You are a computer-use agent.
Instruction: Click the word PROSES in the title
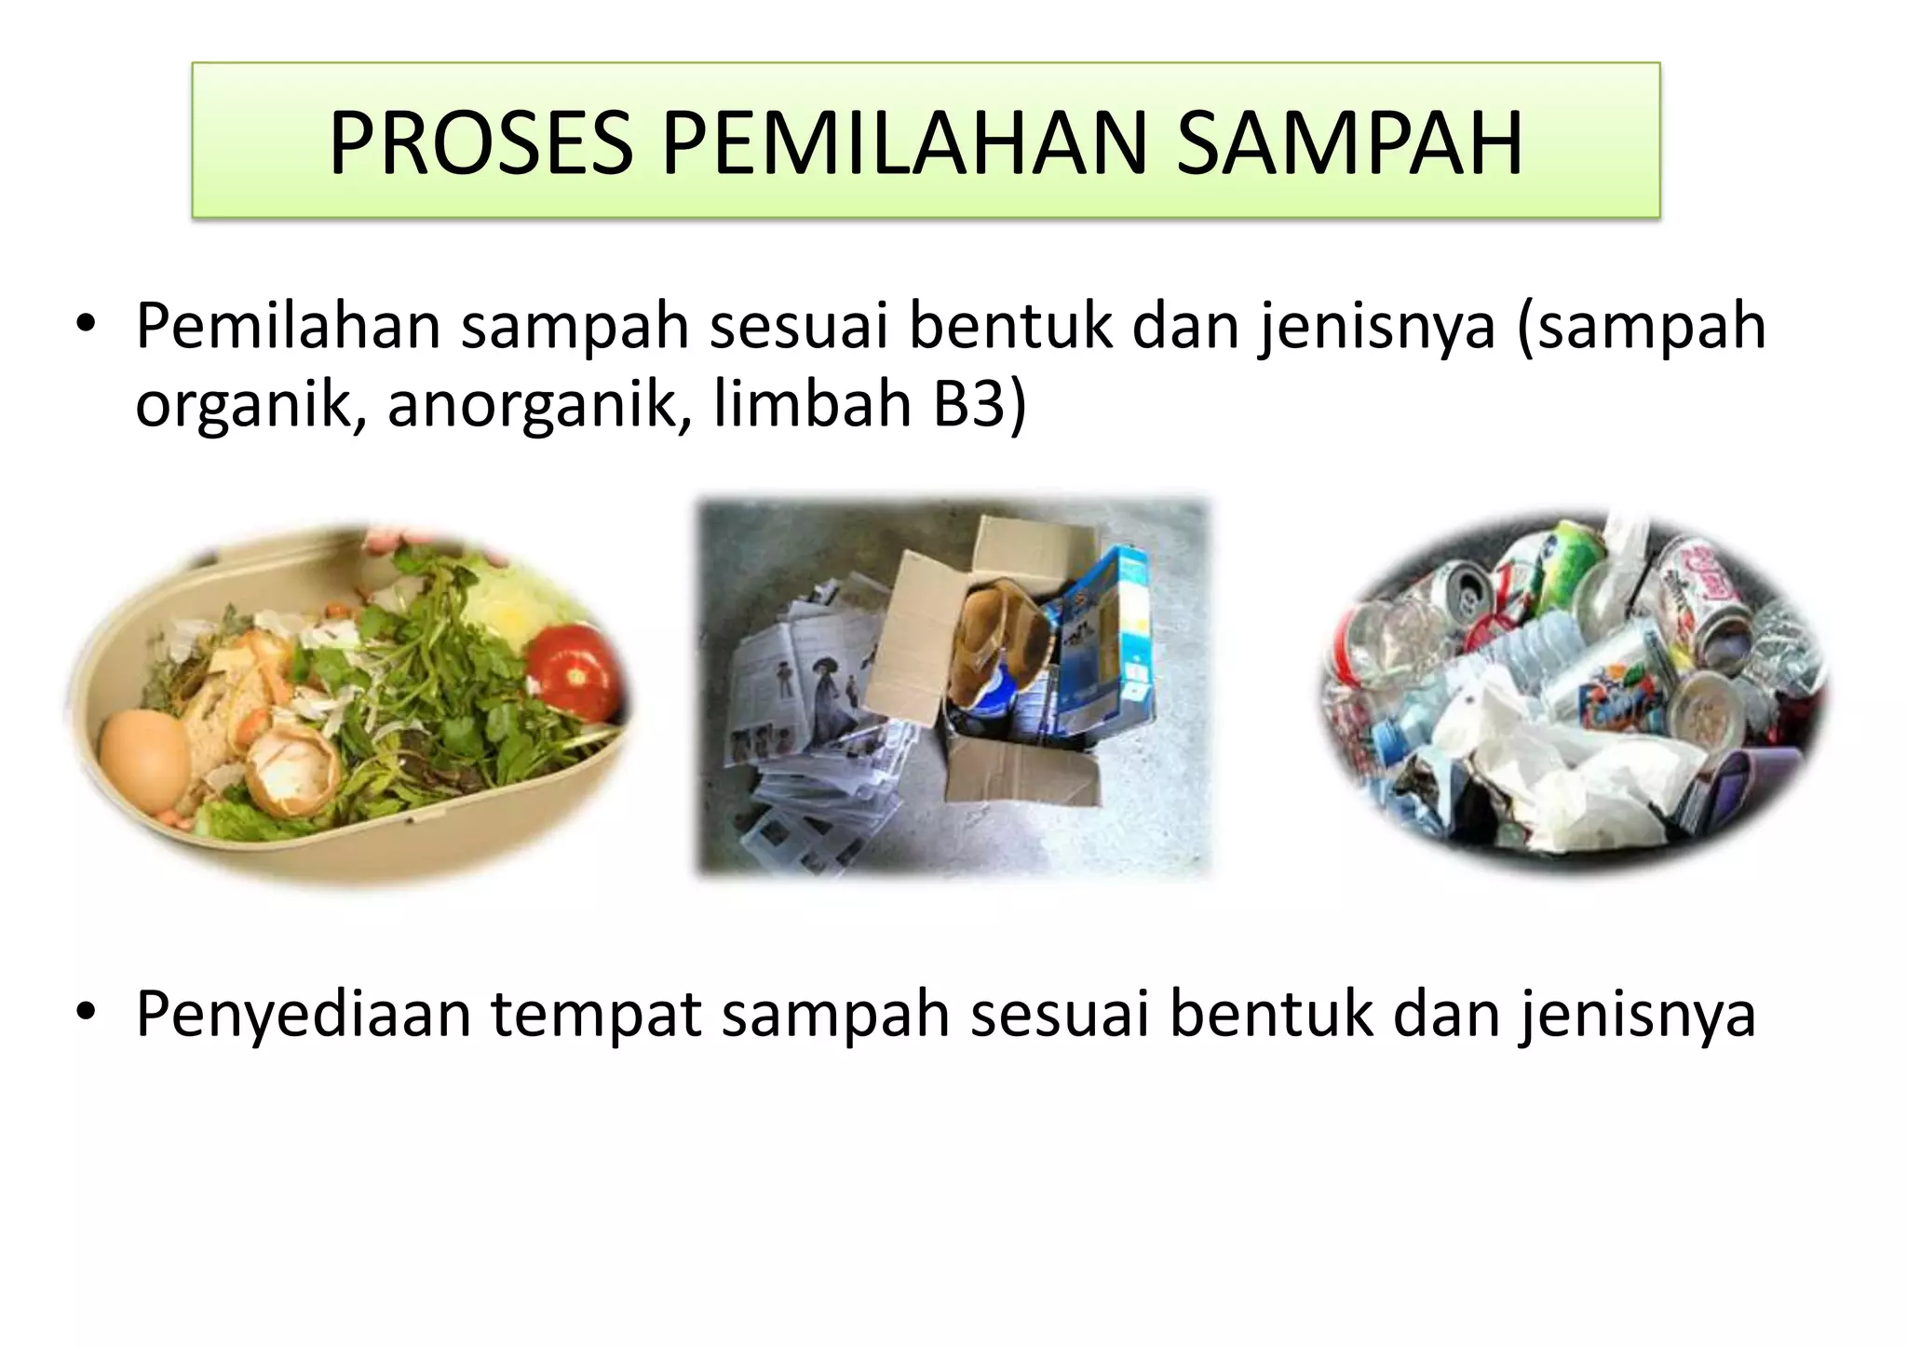point(480,143)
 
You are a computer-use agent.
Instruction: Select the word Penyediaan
point(303,1014)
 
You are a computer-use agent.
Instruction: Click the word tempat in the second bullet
point(596,1014)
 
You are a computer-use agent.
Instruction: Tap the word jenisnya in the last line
point(1639,1014)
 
